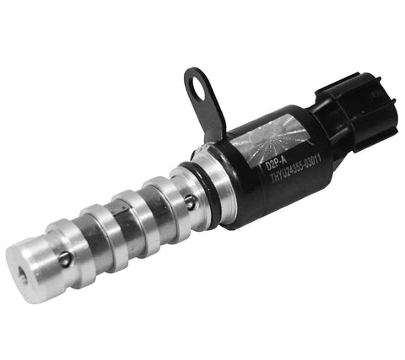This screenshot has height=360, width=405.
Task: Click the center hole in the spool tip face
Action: (19, 271)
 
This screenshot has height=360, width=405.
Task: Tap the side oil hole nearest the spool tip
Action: (64, 259)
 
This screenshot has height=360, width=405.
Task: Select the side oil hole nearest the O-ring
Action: (191, 202)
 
